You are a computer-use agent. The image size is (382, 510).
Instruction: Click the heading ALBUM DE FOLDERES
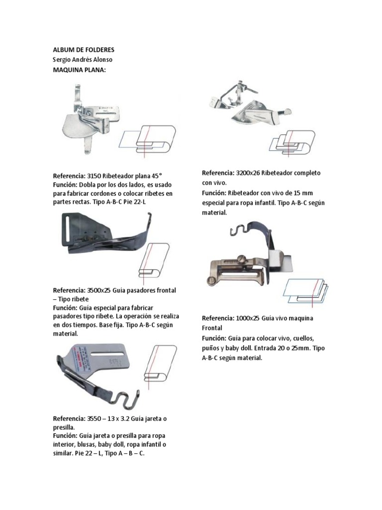coord(84,50)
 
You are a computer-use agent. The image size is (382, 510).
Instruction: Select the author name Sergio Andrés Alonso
coord(86,60)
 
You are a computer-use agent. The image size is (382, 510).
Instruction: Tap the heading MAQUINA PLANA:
coord(80,70)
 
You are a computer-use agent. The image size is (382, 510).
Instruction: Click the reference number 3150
coord(94,176)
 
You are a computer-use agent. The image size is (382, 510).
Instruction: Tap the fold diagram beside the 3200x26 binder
coord(292,142)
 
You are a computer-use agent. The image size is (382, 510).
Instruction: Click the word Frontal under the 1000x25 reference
coord(212,328)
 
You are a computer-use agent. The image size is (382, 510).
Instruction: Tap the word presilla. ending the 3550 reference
coord(64,427)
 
